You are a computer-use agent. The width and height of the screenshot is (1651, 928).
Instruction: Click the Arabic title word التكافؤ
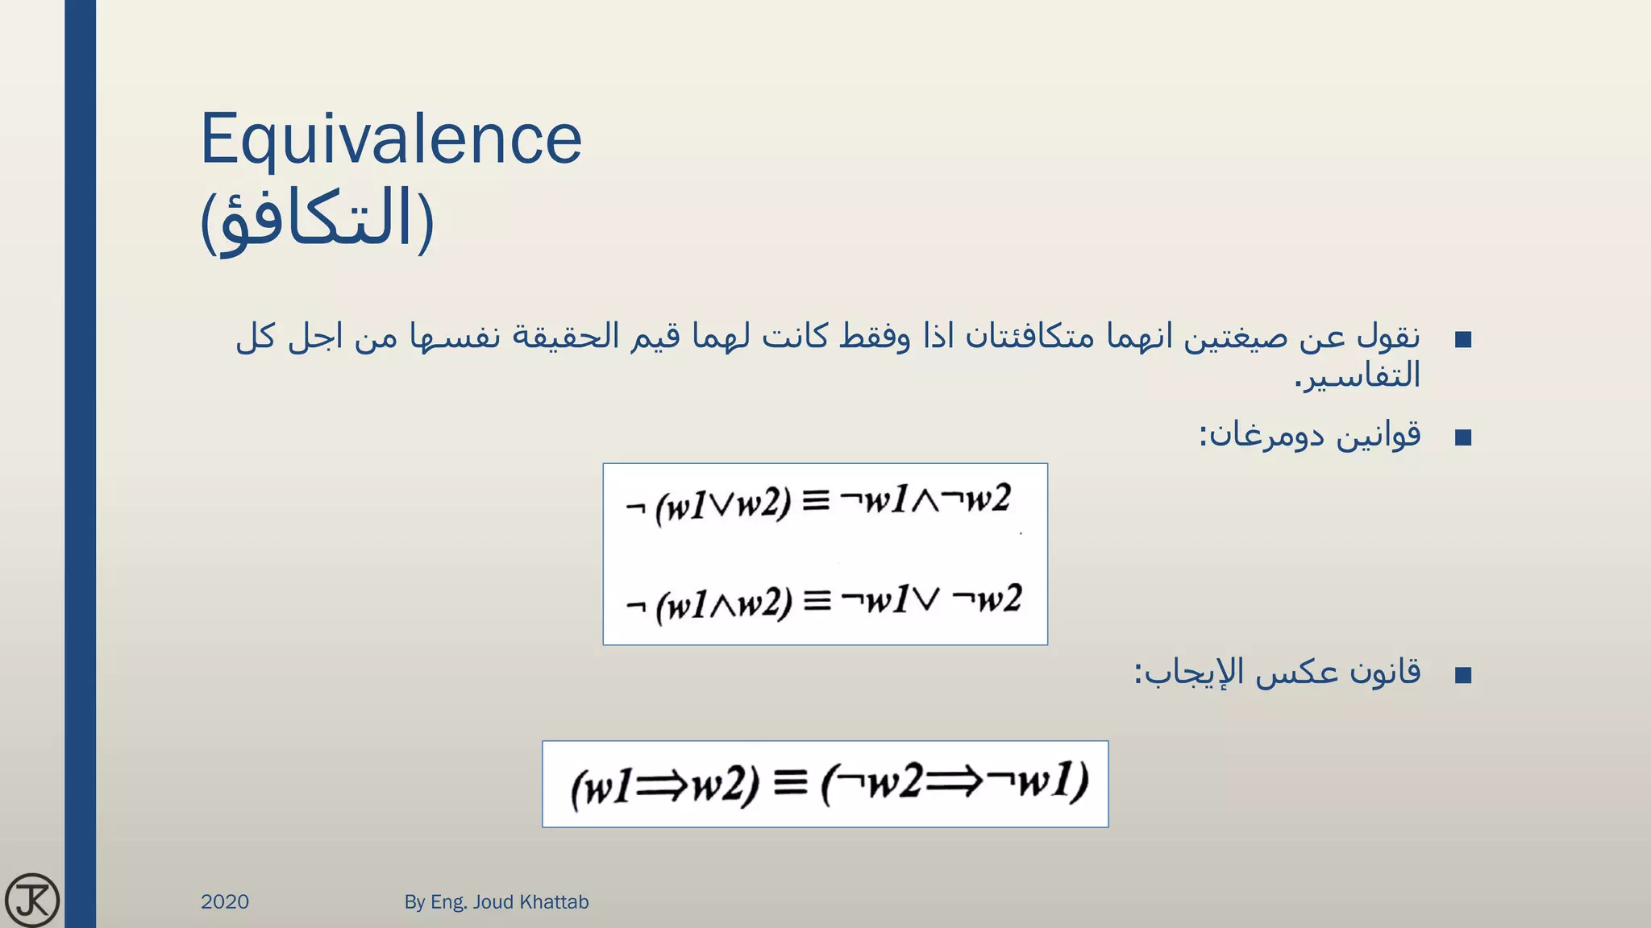pyautogui.click(x=317, y=220)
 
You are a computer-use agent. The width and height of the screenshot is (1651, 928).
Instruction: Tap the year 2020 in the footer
pyautogui.click(x=225, y=901)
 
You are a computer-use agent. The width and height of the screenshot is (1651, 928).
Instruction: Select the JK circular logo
pyautogui.click(x=32, y=900)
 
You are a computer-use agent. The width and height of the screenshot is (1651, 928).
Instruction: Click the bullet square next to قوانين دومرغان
pyautogui.click(x=1463, y=437)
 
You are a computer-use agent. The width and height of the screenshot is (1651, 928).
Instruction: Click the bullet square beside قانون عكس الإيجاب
pyautogui.click(x=1463, y=674)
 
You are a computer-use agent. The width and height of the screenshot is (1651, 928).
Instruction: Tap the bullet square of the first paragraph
pyautogui.click(x=1463, y=339)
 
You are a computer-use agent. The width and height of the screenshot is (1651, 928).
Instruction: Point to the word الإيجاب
pyautogui.click(x=1189, y=672)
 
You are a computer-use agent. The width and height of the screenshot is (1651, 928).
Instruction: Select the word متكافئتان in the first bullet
pyautogui.click(x=1019, y=337)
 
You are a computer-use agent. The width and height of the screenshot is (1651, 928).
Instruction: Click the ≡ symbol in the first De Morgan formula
pyautogui.click(x=816, y=502)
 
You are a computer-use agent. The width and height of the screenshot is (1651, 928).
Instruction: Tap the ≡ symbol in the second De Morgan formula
pyautogui.click(x=817, y=601)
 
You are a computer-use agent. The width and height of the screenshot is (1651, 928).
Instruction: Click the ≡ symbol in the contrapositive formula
pyautogui.click(x=790, y=782)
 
